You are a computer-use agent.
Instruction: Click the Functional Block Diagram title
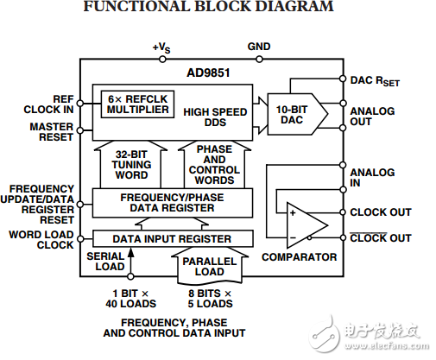(x=219, y=8)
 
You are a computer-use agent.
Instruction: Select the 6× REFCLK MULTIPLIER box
(x=136, y=103)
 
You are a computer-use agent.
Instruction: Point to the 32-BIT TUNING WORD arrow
(x=132, y=164)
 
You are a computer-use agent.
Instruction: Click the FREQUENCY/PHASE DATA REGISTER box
(x=172, y=202)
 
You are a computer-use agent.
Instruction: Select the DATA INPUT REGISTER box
(x=172, y=238)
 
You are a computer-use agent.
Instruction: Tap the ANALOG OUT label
(x=373, y=117)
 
